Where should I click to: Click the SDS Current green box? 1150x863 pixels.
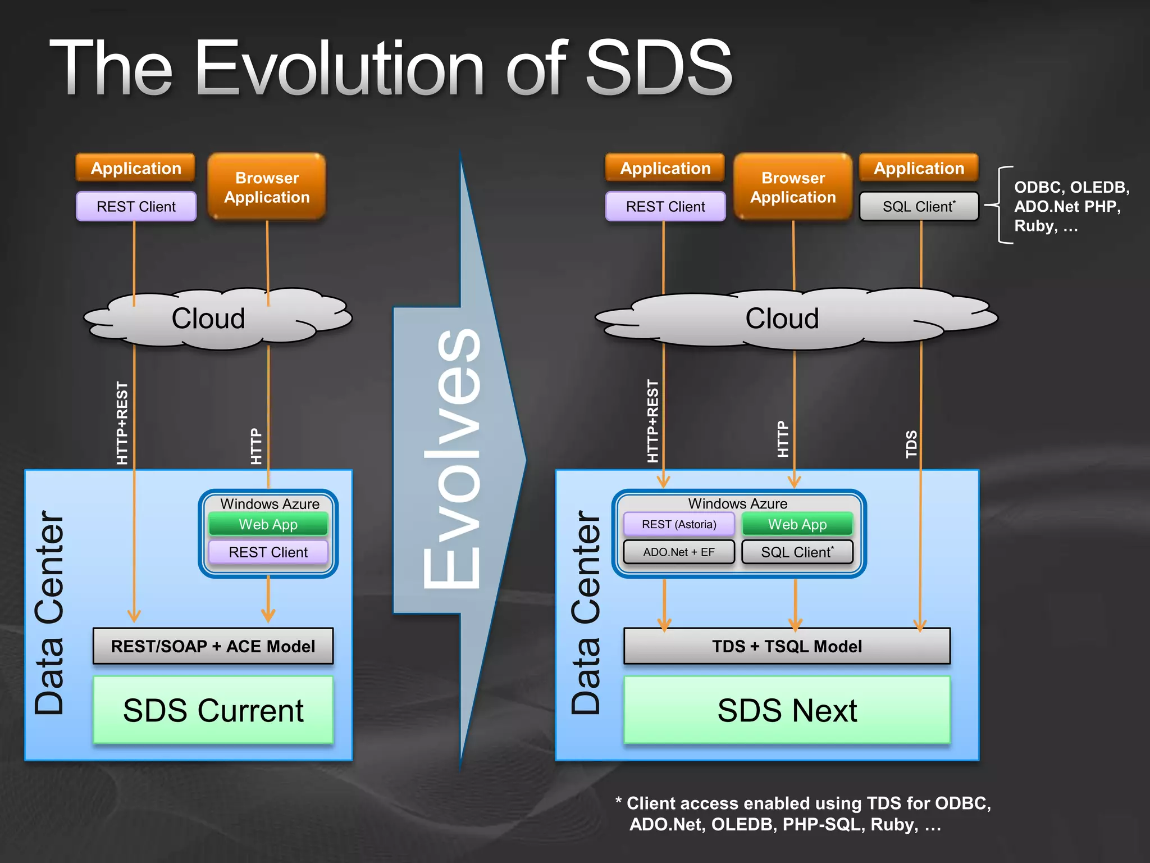pyautogui.click(x=213, y=710)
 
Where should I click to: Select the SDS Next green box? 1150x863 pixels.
pyautogui.click(x=787, y=710)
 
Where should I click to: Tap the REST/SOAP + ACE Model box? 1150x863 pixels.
pyautogui.click(x=213, y=646)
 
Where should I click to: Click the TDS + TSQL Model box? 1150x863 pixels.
pyautogui.click(x=787, y=646)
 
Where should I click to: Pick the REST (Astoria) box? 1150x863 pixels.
pyautogui.click(x=679, y=524)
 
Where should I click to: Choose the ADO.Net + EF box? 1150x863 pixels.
pyautogui.click(x=679, y=552)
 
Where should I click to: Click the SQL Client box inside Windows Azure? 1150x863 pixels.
pyautogui.click(x=797, y=552)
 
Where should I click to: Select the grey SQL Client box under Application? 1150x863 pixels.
pyautogui.click(x=919, y=206)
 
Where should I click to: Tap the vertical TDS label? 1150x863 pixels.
pyautogui.click(x=911, y=444)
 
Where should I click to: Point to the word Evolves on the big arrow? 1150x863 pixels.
pyautogui.click(x=453, y=458)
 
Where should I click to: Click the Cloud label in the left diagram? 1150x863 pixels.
pyautogui.click(x=208, y=319)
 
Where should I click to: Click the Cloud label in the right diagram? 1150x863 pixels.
pyautogui.click(x=782, y=319)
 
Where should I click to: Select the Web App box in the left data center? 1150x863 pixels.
pyautogui.click(x=268, y=524)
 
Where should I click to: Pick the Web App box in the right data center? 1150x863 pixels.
pyautogui.click(x=797, y=524)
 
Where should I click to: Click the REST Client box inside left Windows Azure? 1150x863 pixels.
pyautogui.click(x=268, y=552)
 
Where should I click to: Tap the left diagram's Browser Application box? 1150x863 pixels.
pyautogui.click(x=267, y=187)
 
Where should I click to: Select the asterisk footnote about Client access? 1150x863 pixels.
pyautogui.click(x=803, y=814)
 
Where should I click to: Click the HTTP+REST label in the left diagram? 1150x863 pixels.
pyautogui.click(x=122, y=423)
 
